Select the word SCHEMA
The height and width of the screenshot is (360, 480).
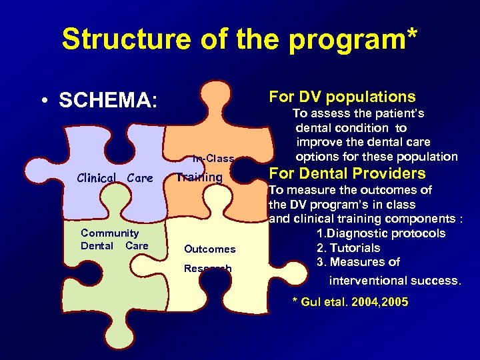pos(108,101)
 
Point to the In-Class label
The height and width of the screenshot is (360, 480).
pos(213,159)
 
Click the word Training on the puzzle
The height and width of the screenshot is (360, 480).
pos(199,177)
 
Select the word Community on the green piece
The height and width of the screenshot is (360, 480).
pos(109,233)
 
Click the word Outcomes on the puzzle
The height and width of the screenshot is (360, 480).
pos(209,249)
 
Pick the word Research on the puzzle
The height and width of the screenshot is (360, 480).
pos(207,269)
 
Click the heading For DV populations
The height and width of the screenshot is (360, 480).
pos(342,97)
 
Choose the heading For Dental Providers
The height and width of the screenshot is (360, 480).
pos(347,174)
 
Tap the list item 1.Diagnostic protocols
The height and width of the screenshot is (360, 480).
pos(381,233)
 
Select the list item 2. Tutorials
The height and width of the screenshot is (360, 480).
pos(357,248)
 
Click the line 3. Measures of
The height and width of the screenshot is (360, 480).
pos(358,262)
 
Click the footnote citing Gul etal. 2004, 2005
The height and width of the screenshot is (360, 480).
pos(350,303)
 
